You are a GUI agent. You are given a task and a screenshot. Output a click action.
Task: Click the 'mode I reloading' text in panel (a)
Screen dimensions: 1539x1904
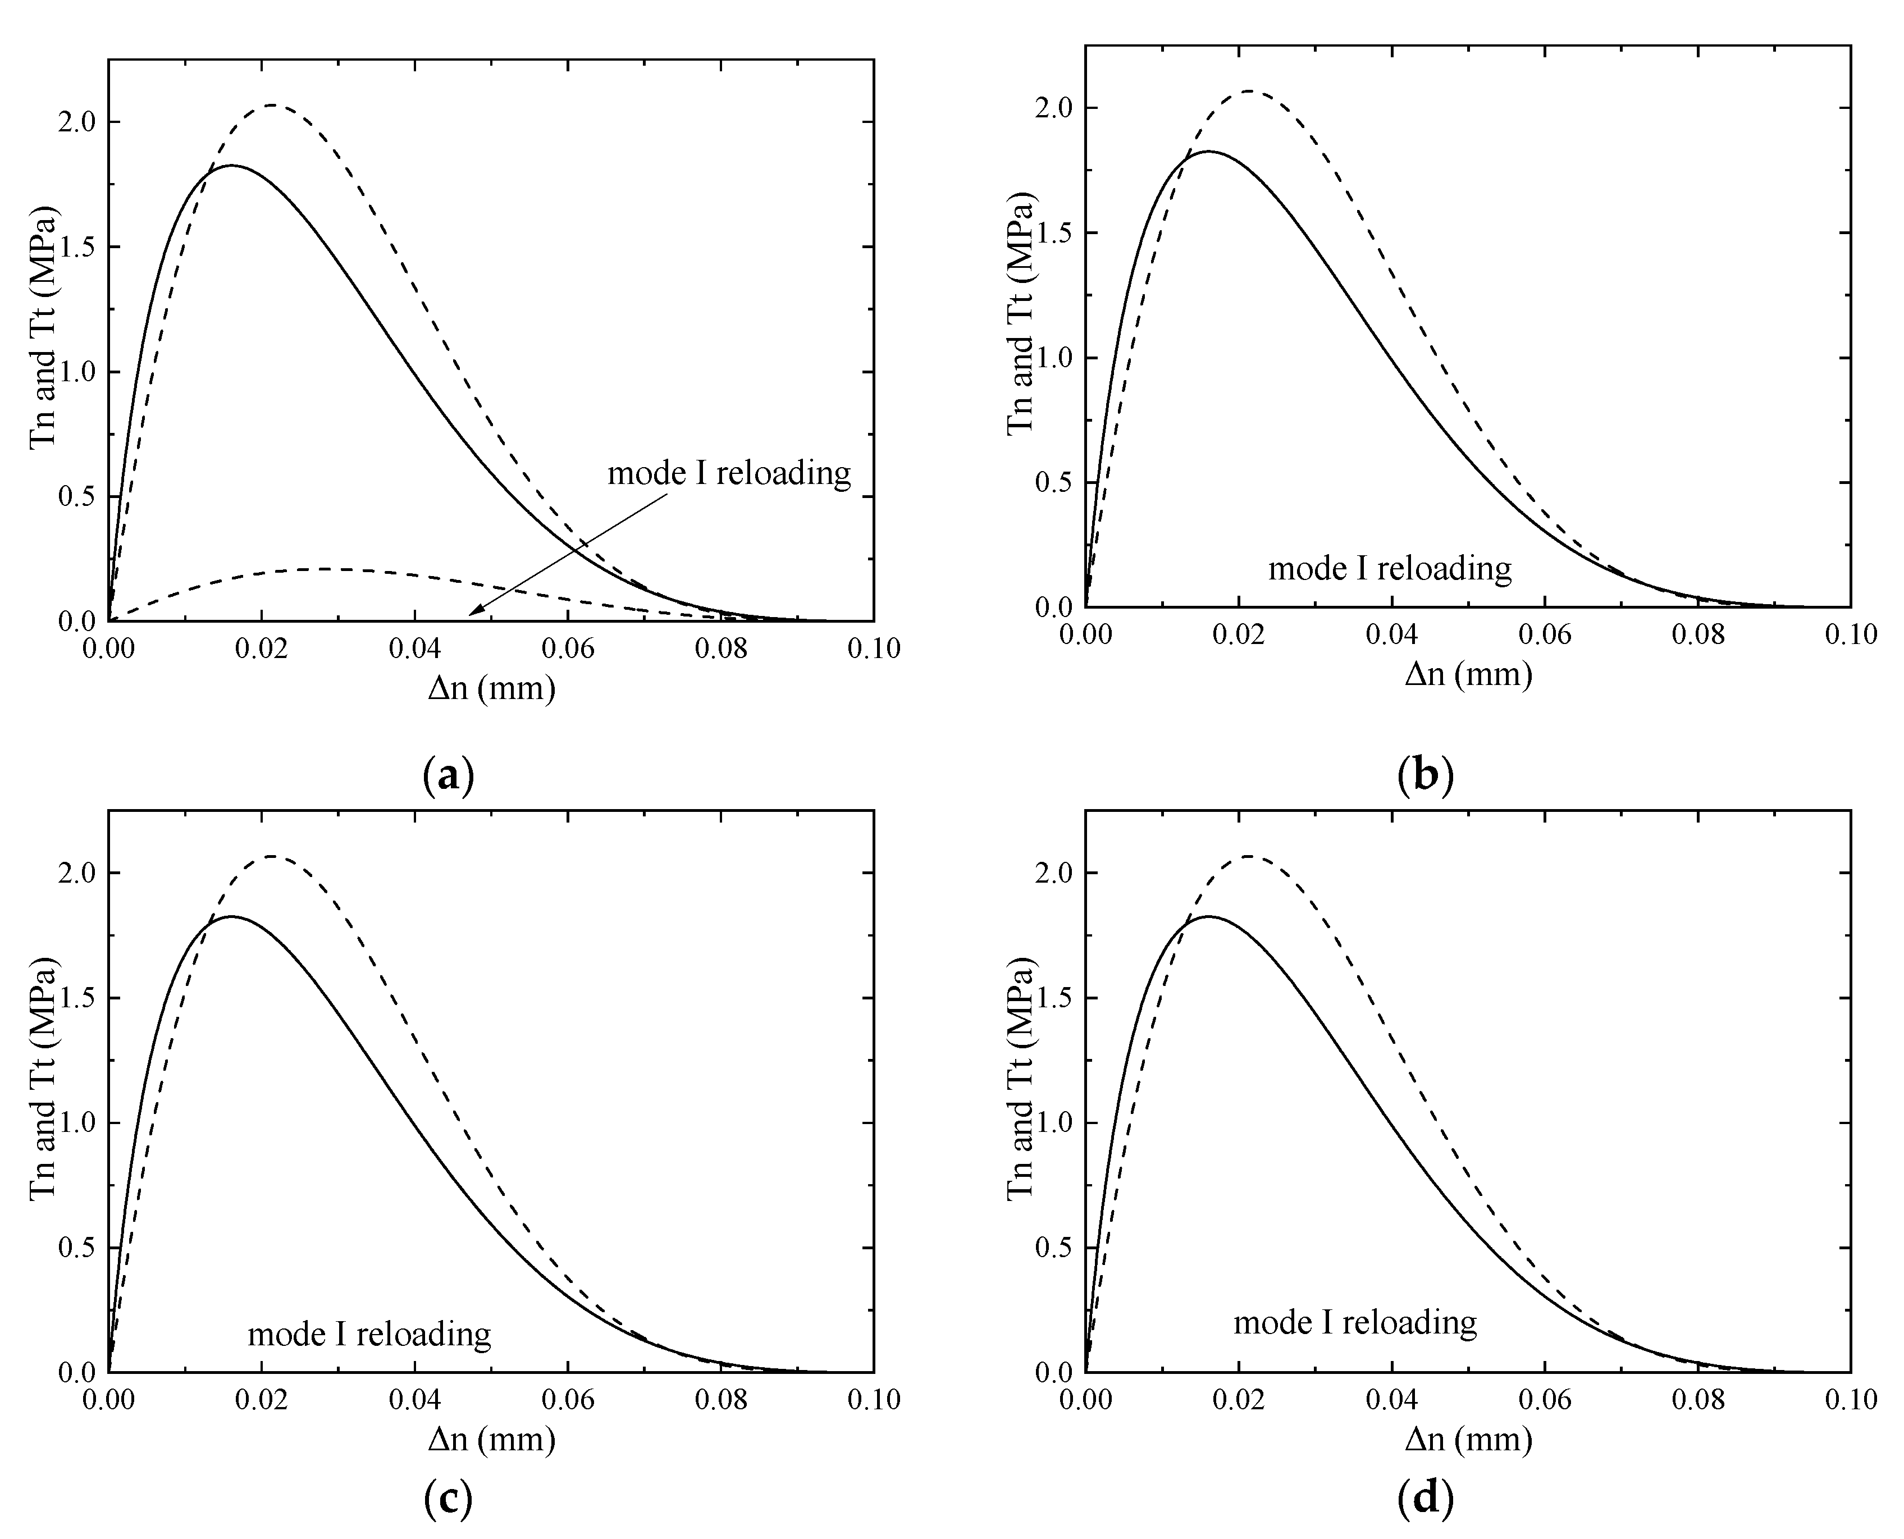[x=729, y=473]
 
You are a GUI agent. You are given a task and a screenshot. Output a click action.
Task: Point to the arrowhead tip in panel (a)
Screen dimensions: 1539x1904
[x=470, y=614]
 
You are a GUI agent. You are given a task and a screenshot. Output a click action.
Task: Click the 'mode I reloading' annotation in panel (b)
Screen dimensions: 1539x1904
[x=1390, y=568]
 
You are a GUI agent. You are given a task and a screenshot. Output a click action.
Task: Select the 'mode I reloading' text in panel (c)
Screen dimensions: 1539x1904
[x=369, y=1334]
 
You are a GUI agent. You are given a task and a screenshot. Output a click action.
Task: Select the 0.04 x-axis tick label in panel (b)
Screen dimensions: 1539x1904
[x=1391, y=635]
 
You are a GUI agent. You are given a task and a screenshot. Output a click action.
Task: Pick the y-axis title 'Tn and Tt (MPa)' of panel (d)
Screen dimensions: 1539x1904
[x=1021, y=1078]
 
